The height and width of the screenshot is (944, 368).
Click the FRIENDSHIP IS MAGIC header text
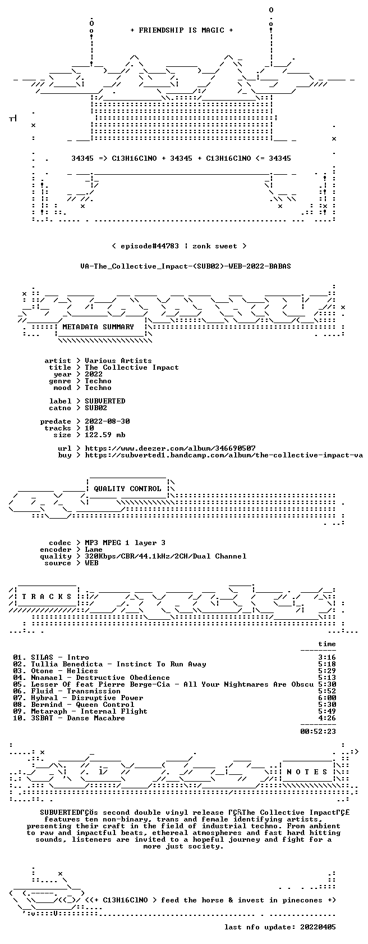tap(182, 30)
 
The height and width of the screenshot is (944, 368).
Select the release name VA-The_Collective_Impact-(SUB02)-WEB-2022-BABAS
tap(186, 266)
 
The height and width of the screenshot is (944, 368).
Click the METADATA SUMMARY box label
tap(98, 327)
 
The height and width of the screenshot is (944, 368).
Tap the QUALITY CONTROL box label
tap(127, 489)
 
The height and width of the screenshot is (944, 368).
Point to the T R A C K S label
tap(47, 597)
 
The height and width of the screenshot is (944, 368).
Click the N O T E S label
tap(307, 772)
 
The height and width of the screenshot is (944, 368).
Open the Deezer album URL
tap(171, 448)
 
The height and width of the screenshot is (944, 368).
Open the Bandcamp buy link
tap(224, 455)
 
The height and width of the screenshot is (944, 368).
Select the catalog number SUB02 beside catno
tap(96, 408)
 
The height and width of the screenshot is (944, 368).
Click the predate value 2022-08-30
tap(107, 421)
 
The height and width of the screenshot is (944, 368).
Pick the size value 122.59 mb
tap(105, 435)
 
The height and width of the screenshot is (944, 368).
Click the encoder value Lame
tap(94, 550)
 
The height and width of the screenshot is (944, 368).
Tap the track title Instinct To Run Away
tap(161, 664)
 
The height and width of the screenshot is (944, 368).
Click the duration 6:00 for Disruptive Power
tap(327, 698)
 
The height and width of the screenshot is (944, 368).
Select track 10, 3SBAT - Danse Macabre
tap(69, 718)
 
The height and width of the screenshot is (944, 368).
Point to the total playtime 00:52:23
tap(319, 732)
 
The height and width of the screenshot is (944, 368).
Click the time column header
tap(327, 644)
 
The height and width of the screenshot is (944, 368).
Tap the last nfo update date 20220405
tap(318, 927)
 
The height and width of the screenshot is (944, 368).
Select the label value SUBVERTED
tap(105, 401)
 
